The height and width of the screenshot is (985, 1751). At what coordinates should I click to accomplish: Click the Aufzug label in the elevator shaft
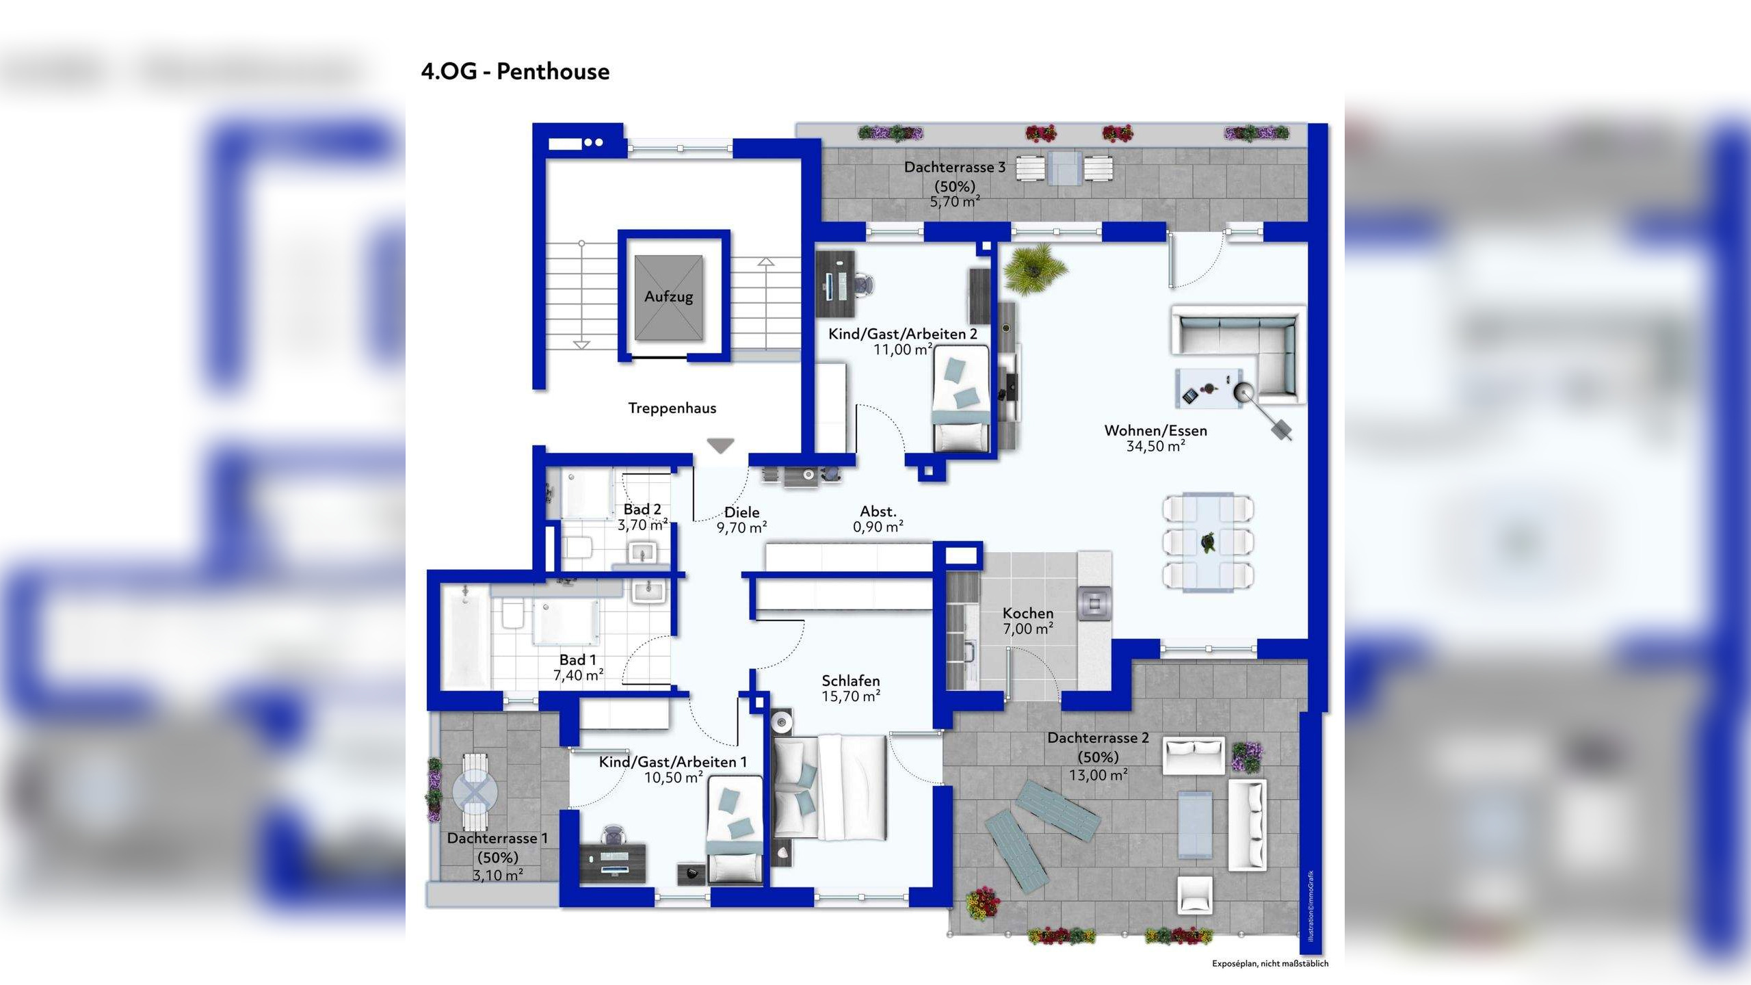(668, 297)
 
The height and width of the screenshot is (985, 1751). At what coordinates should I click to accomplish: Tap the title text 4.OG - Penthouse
(515, 71)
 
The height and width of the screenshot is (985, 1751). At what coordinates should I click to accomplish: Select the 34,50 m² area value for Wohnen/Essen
(1155, 447)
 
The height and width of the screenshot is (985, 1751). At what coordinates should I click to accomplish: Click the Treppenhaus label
(672, 408)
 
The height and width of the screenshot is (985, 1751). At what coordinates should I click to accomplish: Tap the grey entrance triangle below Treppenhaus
(720, 446)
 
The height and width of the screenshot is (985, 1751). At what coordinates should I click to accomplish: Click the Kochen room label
(1027, 614)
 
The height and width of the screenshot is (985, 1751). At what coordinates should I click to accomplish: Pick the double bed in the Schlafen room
(830, 787)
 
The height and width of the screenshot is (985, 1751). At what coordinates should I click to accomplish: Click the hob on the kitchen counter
(1094, 603)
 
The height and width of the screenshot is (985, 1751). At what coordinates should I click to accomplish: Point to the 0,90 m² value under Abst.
(878, 527)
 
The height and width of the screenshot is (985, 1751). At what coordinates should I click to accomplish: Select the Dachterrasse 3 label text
(954, 167)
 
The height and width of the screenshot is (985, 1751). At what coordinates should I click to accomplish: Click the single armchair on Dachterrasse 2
(1194, 895)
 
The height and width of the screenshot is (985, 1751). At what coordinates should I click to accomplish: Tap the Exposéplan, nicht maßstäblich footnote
(1269, 964)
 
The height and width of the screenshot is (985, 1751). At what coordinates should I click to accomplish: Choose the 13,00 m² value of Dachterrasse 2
(1098, 776)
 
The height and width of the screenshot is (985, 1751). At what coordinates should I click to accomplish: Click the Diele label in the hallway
(741, 512)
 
